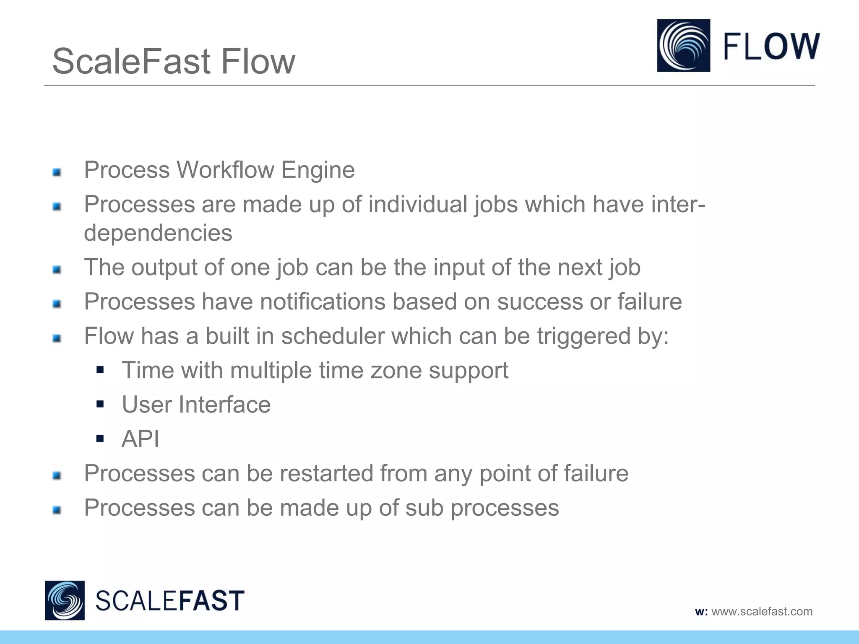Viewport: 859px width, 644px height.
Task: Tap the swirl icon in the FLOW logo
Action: click(x=683, y=45)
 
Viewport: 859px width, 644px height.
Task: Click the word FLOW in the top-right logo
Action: click(x=771, y=46)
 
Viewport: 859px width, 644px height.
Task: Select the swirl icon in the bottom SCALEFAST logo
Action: click(x=65, y=600)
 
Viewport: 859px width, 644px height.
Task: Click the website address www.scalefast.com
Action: click(x=762, y=611)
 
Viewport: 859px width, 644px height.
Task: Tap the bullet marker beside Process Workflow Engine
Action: click(x=57, y=172)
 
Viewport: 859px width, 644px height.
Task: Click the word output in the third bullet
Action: click(x=164, y=267)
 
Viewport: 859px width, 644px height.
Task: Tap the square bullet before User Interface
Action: click(x=100, y=404)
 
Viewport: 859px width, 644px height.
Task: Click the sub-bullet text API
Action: click(x=140, y=439)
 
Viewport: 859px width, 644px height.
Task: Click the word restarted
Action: click(x=326, y=473)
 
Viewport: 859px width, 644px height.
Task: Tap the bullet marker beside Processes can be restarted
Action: click(x=57, y=475)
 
